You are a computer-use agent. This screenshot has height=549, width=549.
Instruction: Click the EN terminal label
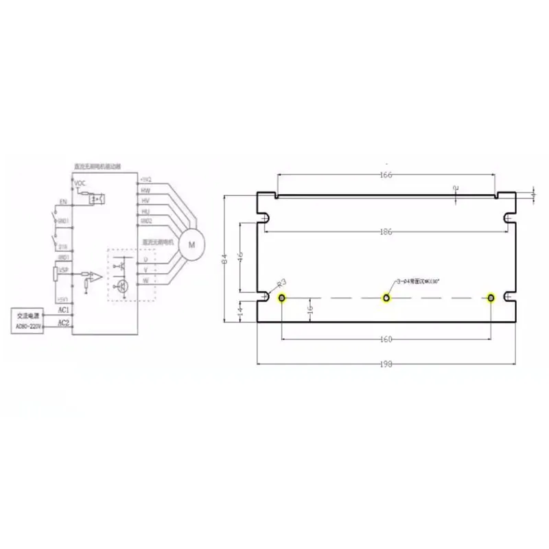62,203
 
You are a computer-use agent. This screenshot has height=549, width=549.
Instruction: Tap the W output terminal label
145,282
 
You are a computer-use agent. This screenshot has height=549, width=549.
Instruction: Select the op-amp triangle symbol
98,277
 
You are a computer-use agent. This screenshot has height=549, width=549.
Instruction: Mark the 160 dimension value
386,339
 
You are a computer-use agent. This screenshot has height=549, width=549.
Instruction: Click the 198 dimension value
386,365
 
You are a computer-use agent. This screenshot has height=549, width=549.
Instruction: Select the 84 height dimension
224,259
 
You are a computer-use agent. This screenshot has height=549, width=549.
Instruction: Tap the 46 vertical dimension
240,256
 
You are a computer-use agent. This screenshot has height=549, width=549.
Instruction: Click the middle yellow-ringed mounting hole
387,298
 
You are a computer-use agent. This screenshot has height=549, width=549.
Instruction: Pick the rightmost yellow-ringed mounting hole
491,298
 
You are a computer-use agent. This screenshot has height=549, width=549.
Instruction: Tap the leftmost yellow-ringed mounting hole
283,298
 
